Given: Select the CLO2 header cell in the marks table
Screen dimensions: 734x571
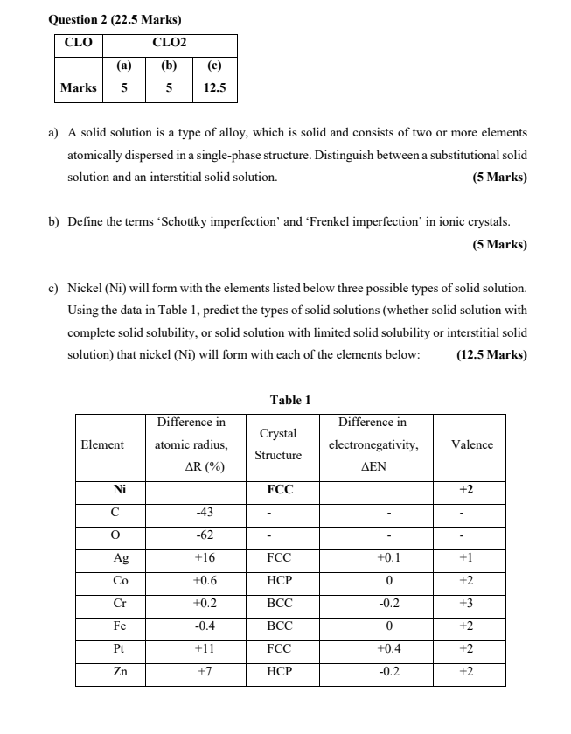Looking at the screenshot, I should coord(169,42).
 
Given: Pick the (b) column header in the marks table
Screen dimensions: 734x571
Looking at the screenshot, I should coord(169,65).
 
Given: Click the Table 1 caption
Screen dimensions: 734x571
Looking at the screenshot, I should coord(290,400).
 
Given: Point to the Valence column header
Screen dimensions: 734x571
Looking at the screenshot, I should coord(472,444).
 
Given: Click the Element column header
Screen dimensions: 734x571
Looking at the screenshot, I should coord(102,444).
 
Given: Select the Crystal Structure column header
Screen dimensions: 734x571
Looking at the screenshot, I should coord(279,444).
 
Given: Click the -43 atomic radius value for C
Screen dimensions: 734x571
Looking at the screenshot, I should coord(206,512).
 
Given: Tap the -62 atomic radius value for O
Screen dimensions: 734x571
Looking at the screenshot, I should coord(206,535).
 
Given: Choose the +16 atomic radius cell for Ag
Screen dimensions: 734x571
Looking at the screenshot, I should coord(206,557).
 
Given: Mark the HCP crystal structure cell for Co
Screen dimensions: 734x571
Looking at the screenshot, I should coord(279,580).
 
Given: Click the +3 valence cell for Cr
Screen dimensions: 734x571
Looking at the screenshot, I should coord(472,603).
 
